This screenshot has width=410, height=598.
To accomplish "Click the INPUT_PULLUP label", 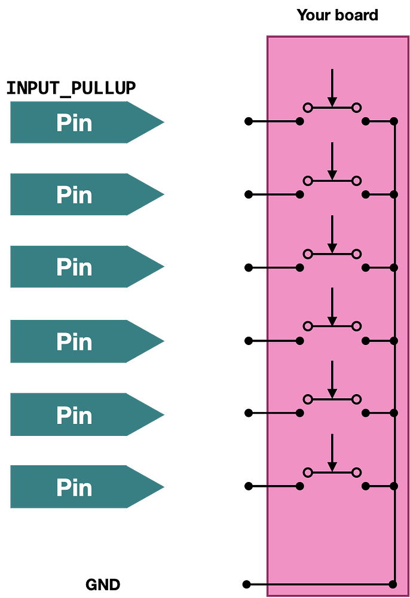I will [71, 89].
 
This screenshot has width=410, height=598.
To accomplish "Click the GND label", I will [103, 584].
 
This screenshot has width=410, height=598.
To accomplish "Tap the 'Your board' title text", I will [338, 15].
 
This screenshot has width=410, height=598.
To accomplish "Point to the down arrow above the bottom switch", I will [332, 453].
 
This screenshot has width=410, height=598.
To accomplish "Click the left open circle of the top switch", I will [308, 108].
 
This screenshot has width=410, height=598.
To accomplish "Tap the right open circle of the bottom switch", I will [357, 472].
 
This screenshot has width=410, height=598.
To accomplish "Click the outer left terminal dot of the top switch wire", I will [248, 122].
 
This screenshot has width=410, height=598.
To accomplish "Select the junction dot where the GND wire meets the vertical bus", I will [393, 584].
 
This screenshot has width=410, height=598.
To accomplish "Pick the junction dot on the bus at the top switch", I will [393, 122].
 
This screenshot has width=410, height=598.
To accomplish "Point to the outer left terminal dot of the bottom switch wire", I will [248, 486].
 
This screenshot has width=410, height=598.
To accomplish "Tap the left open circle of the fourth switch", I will [308, 327].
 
